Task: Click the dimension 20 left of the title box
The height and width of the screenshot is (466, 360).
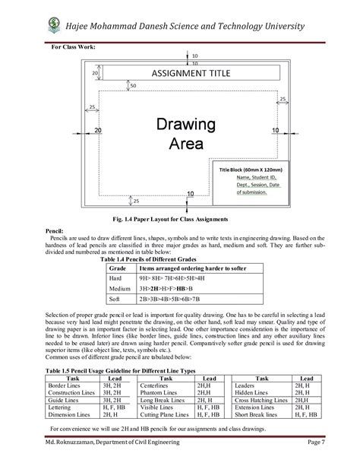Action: point(96,73)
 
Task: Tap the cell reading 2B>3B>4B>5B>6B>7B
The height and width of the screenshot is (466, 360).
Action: point(172,300)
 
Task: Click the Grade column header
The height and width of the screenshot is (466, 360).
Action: point(118,268)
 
